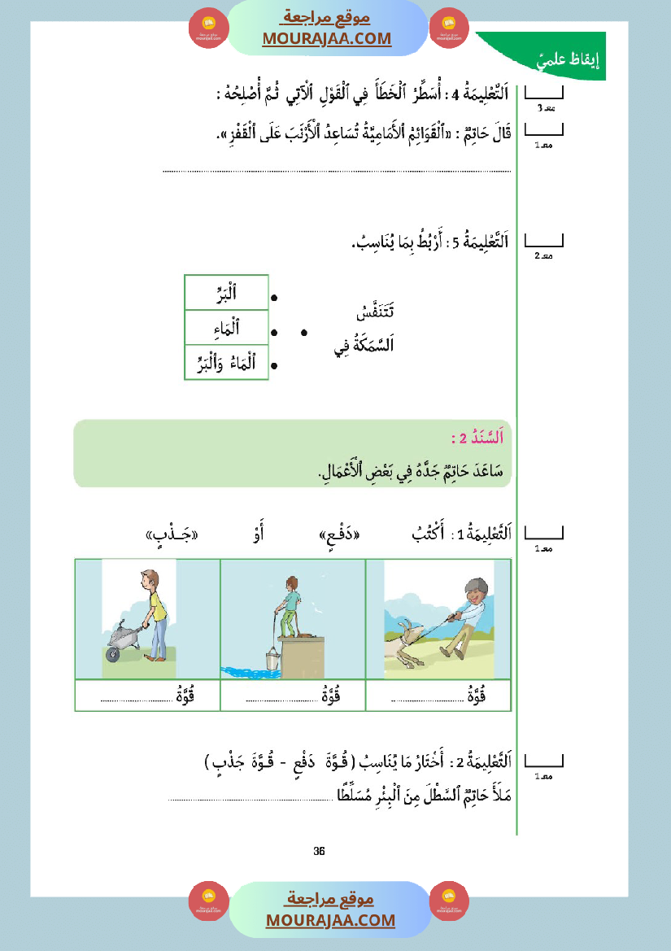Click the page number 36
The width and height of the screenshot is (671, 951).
[x=319, y=851]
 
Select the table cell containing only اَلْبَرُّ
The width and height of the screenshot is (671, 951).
[x=227, y=293]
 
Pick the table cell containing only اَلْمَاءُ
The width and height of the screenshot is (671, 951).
[x=227, y=328]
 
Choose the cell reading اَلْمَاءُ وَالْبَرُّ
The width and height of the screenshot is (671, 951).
[x=227, y=363]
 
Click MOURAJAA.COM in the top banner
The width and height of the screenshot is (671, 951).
[x=327, y=38]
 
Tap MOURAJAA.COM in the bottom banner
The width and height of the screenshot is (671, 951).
[x=330, y=920]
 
